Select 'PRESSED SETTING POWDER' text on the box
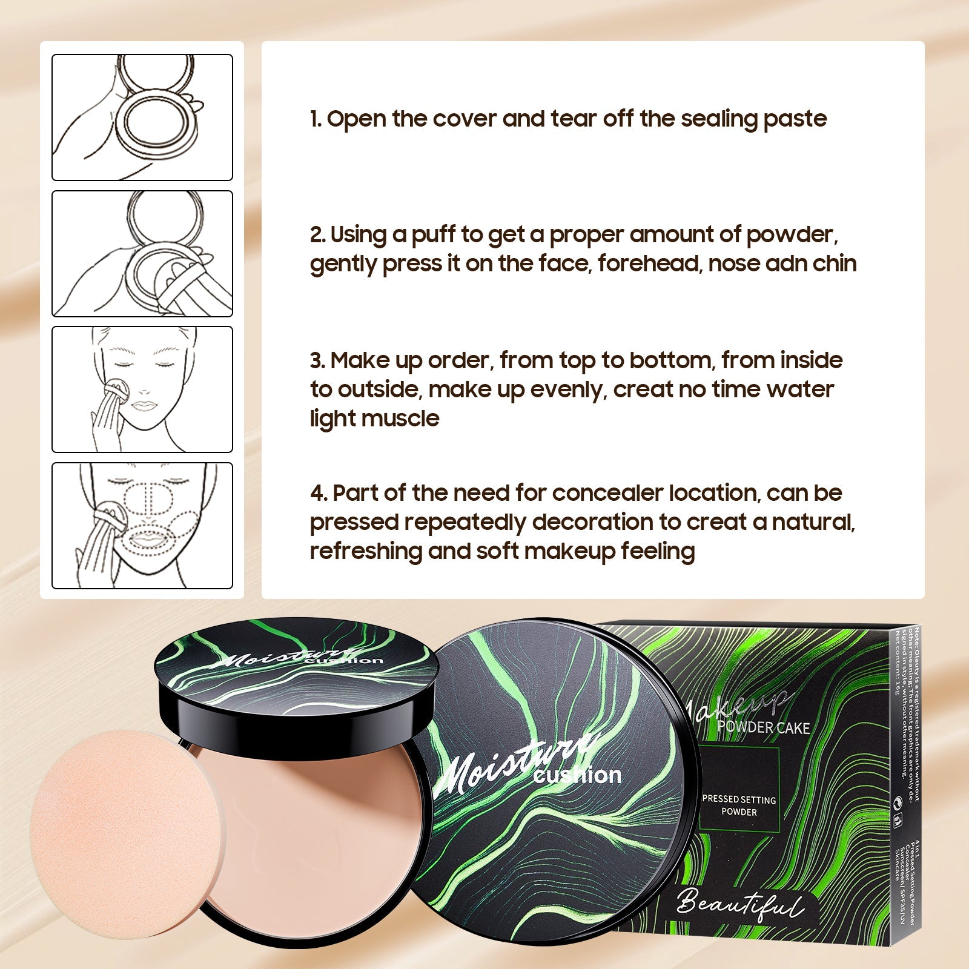(739, 805)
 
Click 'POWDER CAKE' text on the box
(763, 727)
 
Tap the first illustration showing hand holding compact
(142, 117)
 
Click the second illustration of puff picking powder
(142, 254)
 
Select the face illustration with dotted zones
(142, 526)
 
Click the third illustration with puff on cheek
(142, 389)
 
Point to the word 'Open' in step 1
(356, 119)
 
